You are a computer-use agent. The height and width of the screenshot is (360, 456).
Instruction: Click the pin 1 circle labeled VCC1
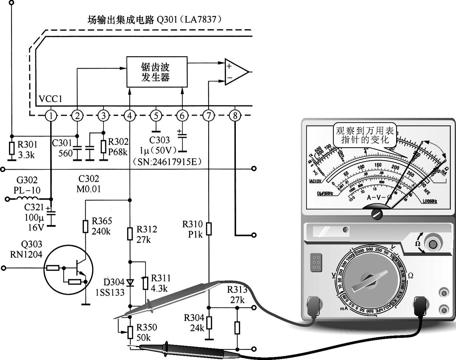pos(51,116)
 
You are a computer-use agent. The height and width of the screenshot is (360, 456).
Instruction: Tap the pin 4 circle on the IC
pos(130,116)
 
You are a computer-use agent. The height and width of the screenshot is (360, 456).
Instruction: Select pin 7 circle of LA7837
pos(209,116)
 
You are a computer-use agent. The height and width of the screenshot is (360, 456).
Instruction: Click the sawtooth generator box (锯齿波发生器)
pos(157,72)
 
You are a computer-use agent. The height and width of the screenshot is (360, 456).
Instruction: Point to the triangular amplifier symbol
pos(235,72)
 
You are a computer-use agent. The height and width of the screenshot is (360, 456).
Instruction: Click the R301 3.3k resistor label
pos(27,149)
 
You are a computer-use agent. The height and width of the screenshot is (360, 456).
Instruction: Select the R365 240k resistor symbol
pos(85,226)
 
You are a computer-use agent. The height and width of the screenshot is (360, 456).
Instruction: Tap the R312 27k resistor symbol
pos(130,233)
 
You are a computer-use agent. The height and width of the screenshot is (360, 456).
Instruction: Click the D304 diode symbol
pos(130,282)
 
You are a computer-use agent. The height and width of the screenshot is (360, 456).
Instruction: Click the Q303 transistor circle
pos(68,270)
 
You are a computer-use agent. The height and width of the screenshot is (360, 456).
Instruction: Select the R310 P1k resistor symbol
pos(209,229)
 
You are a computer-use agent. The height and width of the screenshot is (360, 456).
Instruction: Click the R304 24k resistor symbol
pos(209,323)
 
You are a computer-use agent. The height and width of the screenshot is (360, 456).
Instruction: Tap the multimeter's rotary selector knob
pos(372,280)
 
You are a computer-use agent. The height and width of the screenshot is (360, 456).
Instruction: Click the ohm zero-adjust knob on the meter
pos(433,244)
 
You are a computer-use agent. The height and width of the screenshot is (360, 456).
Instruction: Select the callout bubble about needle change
pos(364,135)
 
